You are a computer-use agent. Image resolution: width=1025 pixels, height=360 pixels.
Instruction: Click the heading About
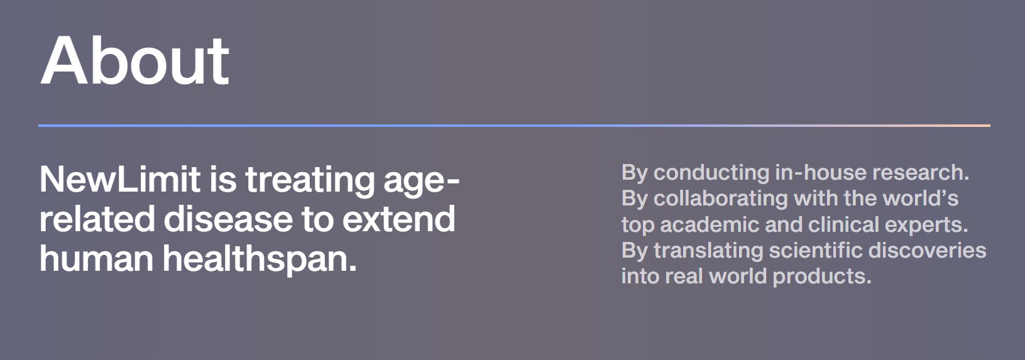tap(134, 60)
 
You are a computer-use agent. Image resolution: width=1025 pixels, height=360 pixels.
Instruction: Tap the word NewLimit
tap(120, 179)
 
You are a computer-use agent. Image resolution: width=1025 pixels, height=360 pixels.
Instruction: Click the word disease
tap(228, 219)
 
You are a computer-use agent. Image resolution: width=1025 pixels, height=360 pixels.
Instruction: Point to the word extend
tap(398, 219)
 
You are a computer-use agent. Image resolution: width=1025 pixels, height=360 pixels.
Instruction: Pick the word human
tap(97, 258)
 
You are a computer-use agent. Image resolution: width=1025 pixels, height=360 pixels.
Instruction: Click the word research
tap(921, 173)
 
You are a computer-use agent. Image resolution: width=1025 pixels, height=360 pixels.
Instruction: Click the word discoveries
tap(927, 251)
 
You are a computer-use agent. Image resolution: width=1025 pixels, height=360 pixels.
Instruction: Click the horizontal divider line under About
tap(514, 125)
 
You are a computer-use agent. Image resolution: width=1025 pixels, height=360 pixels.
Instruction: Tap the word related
tap(97, 219)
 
